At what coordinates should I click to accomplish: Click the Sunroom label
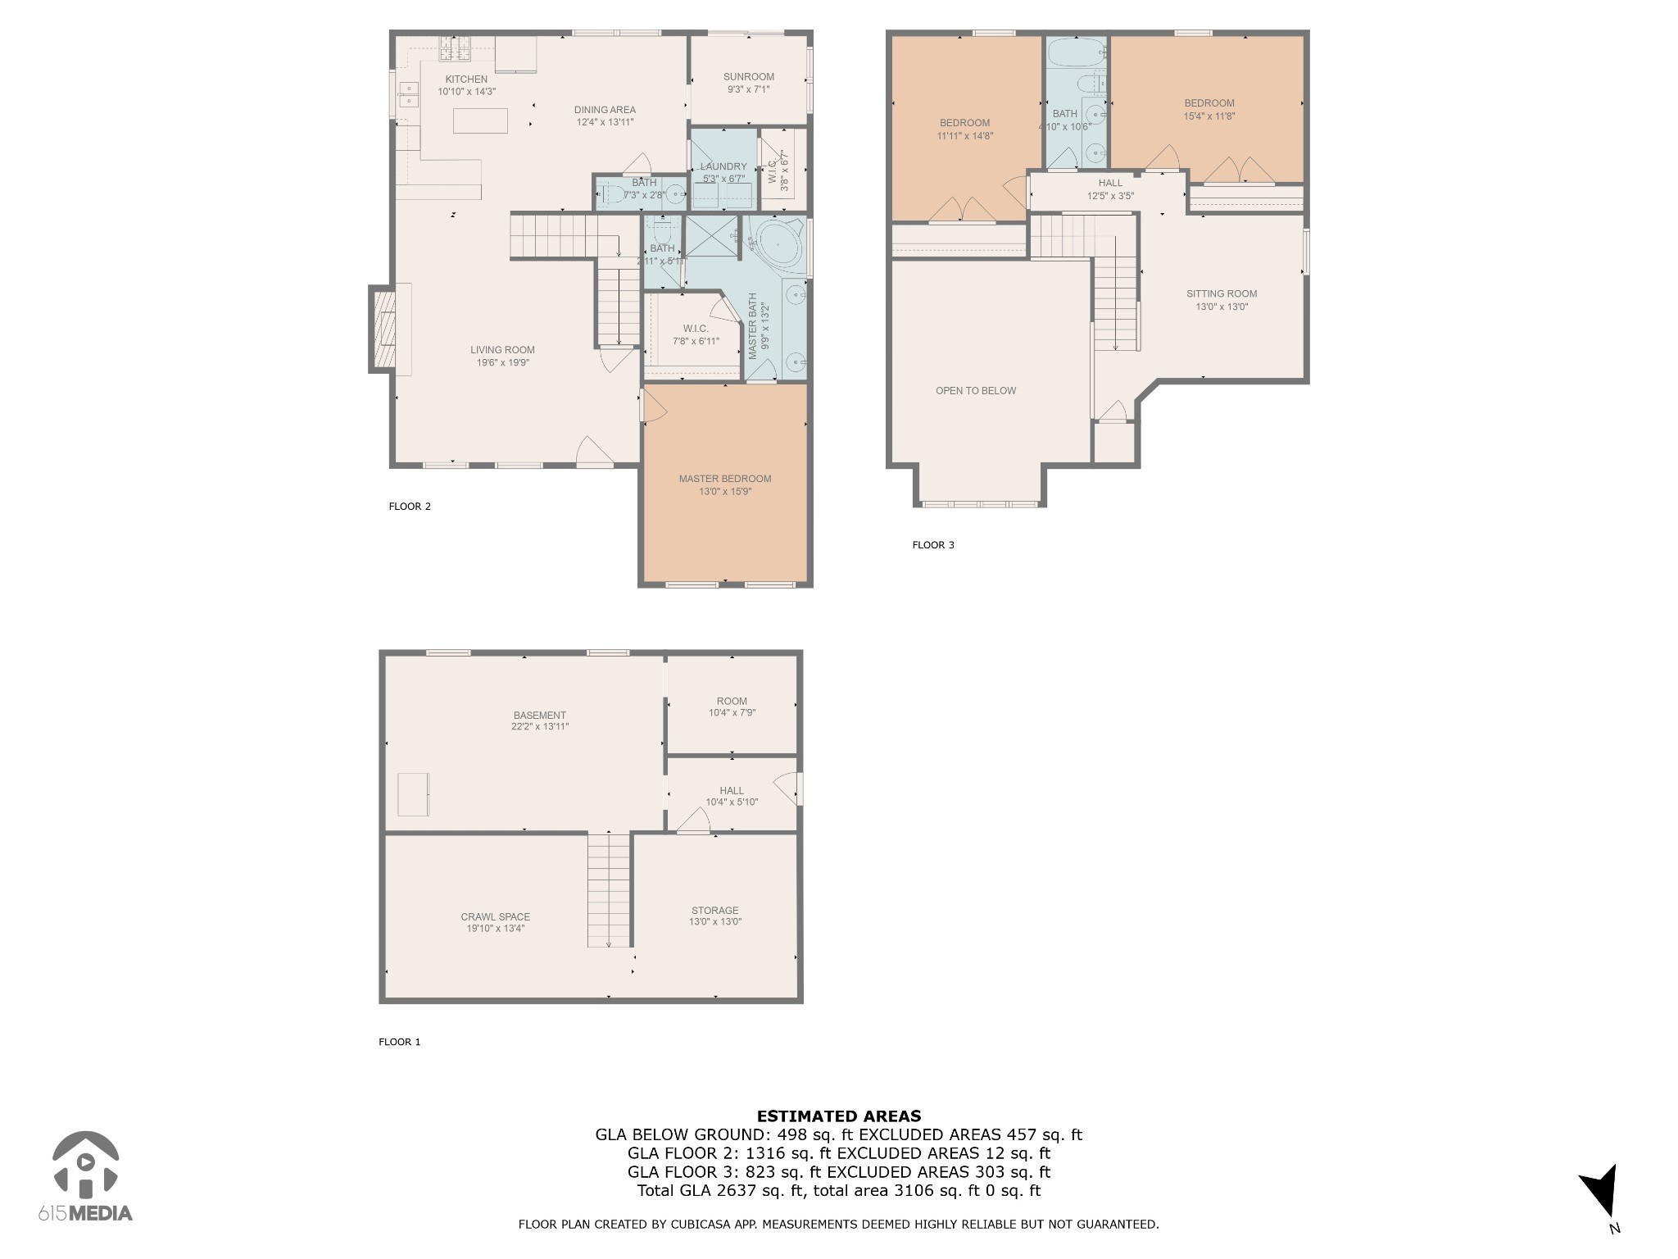pyautogui.click(x=748, y=77)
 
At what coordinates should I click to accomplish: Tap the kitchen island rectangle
pyautogui.click(x=480, y=120)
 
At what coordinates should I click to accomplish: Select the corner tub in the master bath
pyautogui.click(x=779, y=243)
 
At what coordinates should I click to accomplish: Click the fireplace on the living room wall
pyautogui.click(x=383, y=329)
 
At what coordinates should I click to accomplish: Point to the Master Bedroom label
pyautogui.click(x=724, y=479)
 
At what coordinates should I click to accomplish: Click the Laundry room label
pyautogui.click(x=723, y=166)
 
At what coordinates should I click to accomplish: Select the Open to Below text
pyautogui.click(x=975, y=391)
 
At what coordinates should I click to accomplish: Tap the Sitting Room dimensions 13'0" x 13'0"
pyautogui.click(x=1221, y=307)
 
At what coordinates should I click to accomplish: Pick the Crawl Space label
pyautogui.click(x=495, y=917)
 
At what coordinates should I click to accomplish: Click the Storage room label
pyautogui.click(x=714, y=911)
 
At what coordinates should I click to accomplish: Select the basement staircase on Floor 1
pyautogui.click(x=609, y=889)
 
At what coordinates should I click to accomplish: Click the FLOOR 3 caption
pyautogui.click(x=932, y=545)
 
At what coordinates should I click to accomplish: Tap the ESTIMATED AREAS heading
pyautogui.click(x=838, y=1116)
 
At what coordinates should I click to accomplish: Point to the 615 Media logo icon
pyautogui.click(x=85, y=1164)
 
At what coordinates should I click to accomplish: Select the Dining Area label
pyautogui.click(x=604, y=110)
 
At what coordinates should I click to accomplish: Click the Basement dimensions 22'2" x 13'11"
pyautogui.click(x=539, y=727)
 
